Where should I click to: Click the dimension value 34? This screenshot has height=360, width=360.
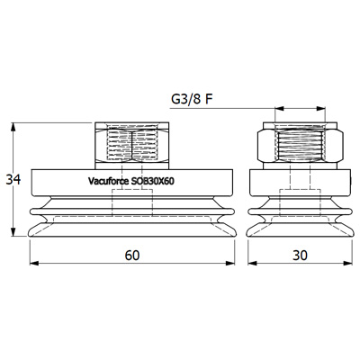[x=13, y=180]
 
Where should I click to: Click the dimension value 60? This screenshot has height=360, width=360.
[x=132, y=256]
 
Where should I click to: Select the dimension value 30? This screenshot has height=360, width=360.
[x=300, y=256]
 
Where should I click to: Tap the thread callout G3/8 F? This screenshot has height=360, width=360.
[x=192, y=100]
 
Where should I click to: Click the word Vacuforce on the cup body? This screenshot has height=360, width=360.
[x=108, y=181]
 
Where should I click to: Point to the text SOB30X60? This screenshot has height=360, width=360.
[x=153, y=181]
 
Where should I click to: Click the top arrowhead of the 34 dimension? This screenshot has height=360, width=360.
[x=13, y=127]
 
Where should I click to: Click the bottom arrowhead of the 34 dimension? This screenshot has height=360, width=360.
[x=13, y=232]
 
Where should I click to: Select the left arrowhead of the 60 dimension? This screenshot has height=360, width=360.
[x=34, y=263]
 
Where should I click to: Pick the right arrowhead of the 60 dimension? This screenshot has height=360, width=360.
[x=230, y=263]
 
